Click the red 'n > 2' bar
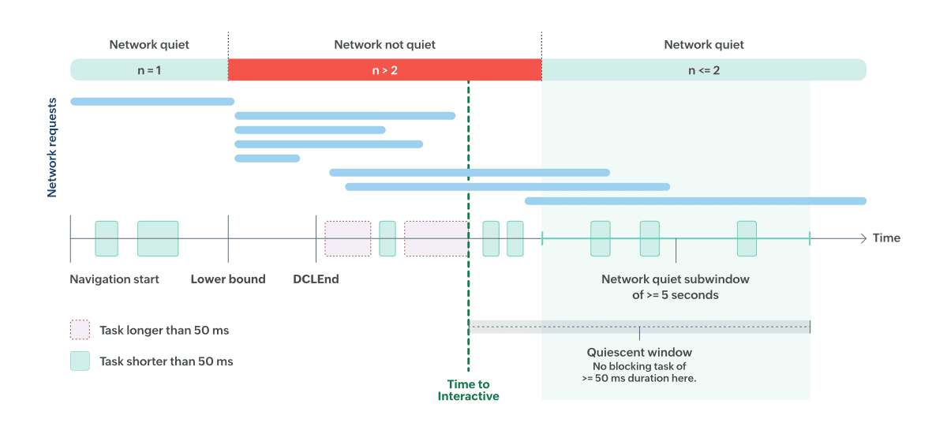click(384, 70)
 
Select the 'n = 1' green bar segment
click(149, 70)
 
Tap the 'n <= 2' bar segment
click(703, 70)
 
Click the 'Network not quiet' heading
click(384, 45)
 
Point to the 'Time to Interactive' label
click(468, 390)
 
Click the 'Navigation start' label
click(114, 279)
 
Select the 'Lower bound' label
click(228, 279)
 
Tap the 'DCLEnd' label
click(316, 279)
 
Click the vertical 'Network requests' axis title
click(52, 148)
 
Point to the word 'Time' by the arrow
click(886, 238)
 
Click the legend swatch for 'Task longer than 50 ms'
click(80, 330)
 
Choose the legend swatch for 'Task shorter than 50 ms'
click(80, 361)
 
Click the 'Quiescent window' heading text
click(639, 353)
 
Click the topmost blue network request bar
click(152, 101)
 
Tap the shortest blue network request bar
click(267, 159)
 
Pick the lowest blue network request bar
click(695, 201)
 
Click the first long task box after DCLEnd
click(348, 238)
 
